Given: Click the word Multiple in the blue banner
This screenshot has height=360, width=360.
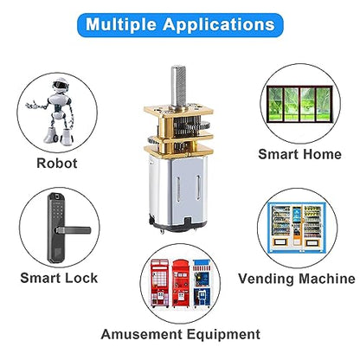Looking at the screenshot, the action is (x=121, y=24).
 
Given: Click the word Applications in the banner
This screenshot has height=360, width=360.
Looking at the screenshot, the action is (x=219, y=24).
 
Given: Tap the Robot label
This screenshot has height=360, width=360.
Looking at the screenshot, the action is (x=57, y=163).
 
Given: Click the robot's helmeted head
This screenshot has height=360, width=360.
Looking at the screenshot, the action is (x=61, y=85).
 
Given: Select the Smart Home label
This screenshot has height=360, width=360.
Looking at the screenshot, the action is (x=299, y=154).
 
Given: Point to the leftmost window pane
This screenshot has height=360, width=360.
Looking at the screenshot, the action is (x=276, y=105).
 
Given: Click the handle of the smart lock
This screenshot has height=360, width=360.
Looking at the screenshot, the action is (x=74, y=230).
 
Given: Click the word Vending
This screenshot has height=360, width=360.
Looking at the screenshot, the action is (x=266, y=279).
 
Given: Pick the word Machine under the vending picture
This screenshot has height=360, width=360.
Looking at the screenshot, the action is (x=327, y=279).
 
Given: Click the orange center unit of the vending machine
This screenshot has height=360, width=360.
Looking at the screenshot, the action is (x=297, y=226).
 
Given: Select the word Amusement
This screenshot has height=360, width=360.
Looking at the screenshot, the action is (x=142, y=334).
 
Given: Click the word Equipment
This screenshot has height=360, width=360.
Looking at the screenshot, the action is (x=223, y=335).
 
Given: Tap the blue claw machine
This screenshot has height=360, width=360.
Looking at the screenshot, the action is (x=202, y=283).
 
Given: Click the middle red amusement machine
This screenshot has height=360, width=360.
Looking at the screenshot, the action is (x=181, y=283).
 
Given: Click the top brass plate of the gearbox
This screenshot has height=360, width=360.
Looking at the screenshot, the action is (x=178, y=111).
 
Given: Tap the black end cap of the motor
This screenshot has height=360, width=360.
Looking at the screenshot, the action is (x=178, y=226).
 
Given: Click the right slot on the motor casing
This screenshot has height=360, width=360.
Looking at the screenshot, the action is (x=198, y=188).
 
